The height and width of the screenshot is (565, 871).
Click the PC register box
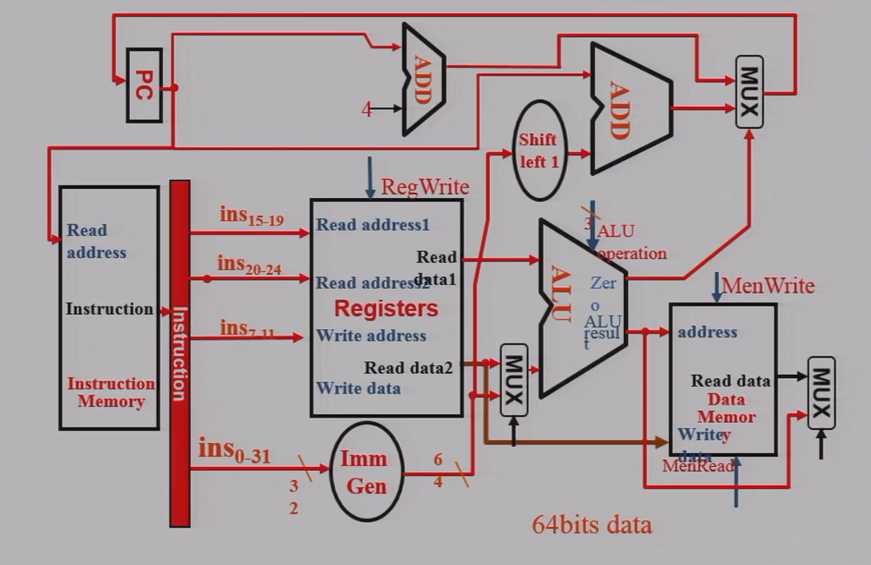144,85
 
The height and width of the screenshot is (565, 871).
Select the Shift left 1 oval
538,150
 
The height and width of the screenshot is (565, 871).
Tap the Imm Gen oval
363,472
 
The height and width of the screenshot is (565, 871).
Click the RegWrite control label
425,187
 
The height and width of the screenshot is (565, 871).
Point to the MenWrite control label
768,286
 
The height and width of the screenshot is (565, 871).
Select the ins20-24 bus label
249,265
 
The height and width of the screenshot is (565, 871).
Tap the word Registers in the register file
386,308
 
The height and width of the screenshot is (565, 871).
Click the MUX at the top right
749,91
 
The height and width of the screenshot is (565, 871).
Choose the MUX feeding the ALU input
514,380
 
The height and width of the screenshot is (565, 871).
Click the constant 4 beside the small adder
367,110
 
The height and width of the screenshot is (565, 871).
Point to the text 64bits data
592,525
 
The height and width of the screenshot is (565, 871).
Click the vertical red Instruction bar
180,353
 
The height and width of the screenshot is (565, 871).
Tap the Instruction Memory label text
111,392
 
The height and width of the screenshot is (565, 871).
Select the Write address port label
371,335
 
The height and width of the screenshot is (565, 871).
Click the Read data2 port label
408,368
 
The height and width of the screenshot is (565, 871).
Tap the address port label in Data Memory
707,331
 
